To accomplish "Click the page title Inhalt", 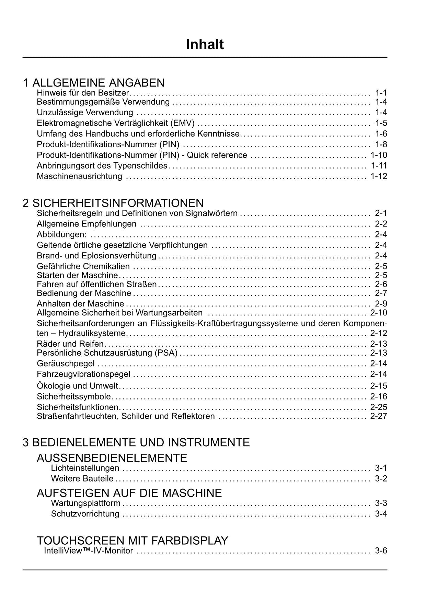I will tap(205, 45).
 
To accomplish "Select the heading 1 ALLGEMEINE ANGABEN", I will tap(94, 83).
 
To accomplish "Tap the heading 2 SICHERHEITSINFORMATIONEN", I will tap(113, 203).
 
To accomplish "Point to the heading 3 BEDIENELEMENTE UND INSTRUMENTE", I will tap(136, 442).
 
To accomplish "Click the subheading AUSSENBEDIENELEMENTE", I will tap(112, 458).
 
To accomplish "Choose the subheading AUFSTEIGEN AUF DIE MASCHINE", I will tap(129, 493).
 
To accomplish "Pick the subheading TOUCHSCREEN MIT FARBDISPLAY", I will tap(132, 541).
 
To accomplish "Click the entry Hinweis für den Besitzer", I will tap(83, 93).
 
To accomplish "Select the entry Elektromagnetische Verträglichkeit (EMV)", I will tap(116, 123).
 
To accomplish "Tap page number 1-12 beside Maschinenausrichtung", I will tap(379, 176).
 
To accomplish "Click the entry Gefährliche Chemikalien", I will tap(83, 266).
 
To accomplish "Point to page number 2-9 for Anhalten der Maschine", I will tap(381, 303).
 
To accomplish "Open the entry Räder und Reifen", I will tap(70, 344).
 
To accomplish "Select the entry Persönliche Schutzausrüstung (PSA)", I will tap(107, 353).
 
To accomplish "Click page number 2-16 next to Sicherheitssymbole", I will tap(378, 397).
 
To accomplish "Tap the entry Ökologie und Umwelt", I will tap(77, 386).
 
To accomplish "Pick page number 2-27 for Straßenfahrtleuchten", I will tap(378, 416).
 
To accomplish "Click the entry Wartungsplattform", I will tap(85, 503).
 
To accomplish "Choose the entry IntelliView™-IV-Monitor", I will tap(88, 551).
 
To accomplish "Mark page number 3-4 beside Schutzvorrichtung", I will tap(381, 514).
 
